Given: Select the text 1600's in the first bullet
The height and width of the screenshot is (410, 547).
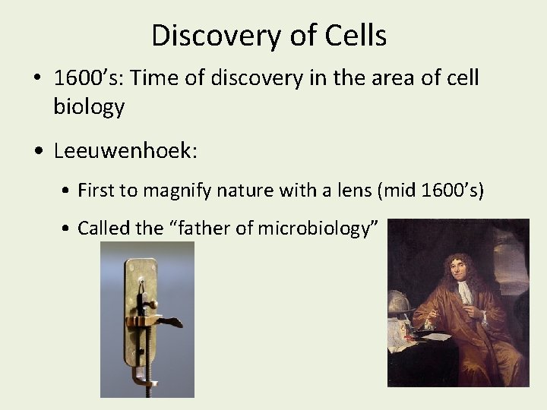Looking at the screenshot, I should click(82, 78).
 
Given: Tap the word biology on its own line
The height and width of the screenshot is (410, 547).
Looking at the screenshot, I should click(88, 107).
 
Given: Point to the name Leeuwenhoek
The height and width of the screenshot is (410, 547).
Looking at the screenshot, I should click(125, 150).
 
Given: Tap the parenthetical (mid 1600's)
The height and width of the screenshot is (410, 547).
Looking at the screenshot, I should click(430, 190).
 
